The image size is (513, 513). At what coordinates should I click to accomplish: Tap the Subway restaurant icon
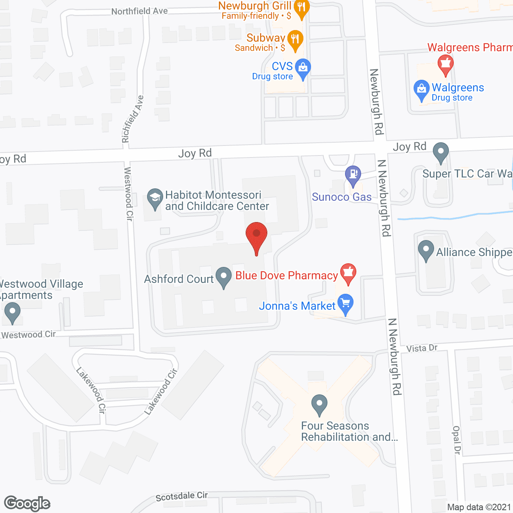[295, 39]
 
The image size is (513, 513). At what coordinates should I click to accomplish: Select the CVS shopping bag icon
[303, 68]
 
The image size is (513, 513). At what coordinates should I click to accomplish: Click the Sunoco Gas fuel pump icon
[353, 174]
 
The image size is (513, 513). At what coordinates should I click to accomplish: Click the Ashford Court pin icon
[224, 276]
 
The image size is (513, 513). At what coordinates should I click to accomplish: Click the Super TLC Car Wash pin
[441, 152]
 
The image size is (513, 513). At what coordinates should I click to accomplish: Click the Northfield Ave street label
[139, 11]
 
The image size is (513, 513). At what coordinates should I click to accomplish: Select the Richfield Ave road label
[133, 119]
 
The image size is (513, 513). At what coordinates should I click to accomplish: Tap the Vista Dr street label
[422, 348]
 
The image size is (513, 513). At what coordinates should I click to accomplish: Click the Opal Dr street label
[456, 440]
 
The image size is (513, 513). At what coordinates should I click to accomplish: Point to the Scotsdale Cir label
[182, 496]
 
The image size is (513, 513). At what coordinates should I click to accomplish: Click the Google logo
[27, 503]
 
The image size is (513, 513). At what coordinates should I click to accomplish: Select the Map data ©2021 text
[479, 507]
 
